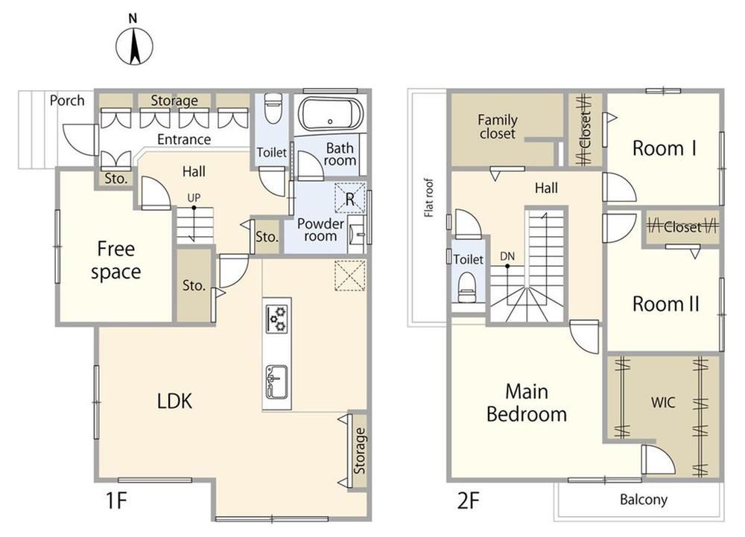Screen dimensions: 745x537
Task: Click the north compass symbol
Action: (x=134, y=46)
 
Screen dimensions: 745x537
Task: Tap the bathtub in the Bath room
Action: (x=331, y=114)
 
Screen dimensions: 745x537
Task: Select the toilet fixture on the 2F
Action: (x=467, y=288)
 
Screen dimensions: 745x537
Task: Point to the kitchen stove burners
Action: (x=277, y=319)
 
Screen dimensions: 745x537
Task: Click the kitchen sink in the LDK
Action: (x=276, y=381)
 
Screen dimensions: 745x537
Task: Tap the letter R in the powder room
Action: (x=350, y=200)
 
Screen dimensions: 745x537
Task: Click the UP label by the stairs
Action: (x=194, y=197)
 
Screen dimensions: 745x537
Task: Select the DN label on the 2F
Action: (x=507, y=256)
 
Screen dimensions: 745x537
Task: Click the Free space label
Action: (x=116, y=261)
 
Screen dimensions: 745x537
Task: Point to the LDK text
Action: (x=174, y=401)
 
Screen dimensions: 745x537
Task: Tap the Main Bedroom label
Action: (x=527, y=403)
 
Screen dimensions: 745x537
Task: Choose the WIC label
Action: (x=663, y=403)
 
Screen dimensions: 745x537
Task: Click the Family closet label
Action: (x=498, y=127)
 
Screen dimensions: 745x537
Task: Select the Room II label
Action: (x=665, y=304)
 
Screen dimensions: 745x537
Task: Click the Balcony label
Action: (x=644, y=500)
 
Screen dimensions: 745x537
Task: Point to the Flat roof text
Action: (x=429, y=197)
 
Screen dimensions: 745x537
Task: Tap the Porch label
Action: (x=67, y=101)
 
